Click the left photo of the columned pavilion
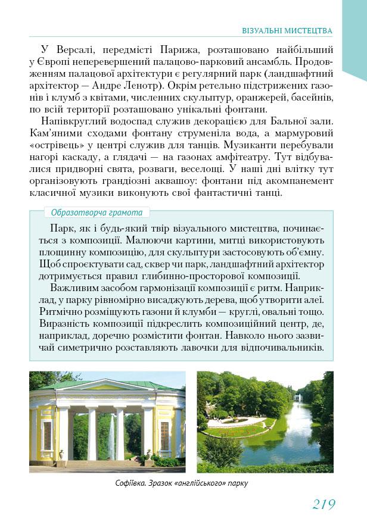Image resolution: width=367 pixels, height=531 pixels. coord(107,421)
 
